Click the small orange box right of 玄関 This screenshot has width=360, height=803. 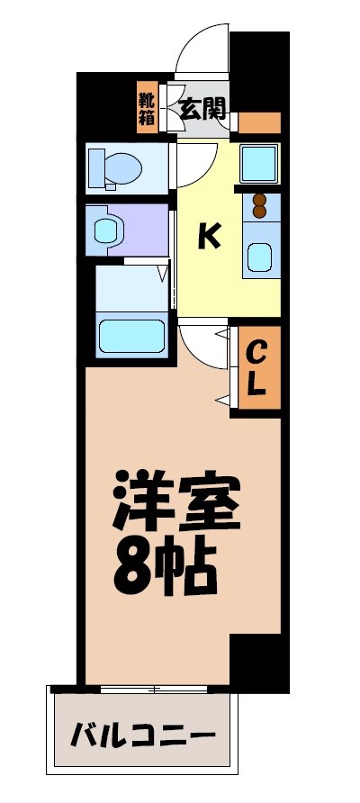[x=260, y=122]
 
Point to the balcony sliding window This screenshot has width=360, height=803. [x=158, y=689]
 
